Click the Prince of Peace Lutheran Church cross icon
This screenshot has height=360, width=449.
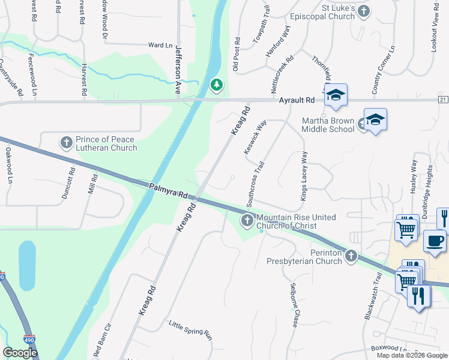tap(67, 143)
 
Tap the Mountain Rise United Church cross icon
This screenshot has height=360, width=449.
tap(247, 221)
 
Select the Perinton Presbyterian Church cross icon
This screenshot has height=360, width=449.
tap(351, 256)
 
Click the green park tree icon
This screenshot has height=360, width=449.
tap(215, 86)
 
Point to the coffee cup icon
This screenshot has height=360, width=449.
tap(435, 241)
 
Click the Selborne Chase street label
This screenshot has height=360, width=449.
tap(294, 305)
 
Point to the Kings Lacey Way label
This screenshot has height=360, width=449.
tap(304, 176)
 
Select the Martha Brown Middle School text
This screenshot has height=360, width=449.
tap(328, 125)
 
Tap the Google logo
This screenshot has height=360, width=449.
tap(20, 353)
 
